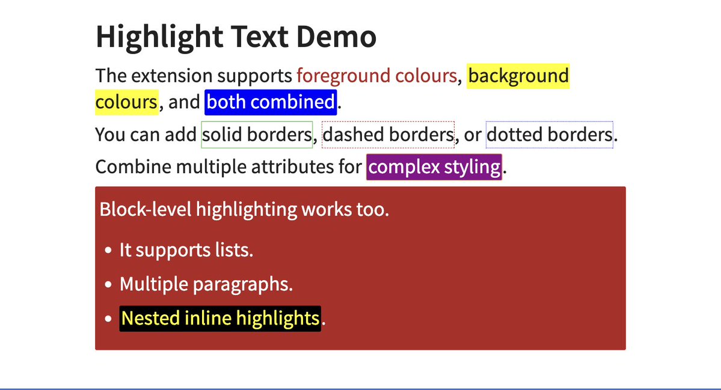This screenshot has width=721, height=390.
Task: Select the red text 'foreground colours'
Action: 376,76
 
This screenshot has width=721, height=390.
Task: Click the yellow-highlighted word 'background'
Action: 518,76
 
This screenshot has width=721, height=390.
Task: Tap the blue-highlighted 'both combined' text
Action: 271,102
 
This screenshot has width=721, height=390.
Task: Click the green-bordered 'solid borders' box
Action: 257,135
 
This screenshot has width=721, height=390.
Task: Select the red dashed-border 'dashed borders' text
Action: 388,135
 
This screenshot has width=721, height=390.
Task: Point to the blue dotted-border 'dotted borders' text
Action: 549,135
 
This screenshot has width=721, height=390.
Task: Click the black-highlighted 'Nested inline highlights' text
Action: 220,318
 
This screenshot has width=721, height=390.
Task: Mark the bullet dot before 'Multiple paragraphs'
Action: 108,285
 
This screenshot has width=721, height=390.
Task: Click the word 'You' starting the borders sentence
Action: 109,135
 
